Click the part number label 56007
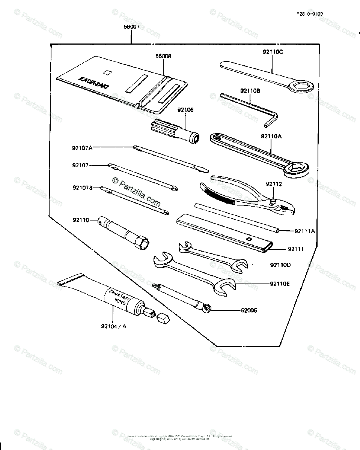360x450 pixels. pos(131,27)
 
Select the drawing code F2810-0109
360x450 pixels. pos(309,14)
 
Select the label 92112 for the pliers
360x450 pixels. pos(274,184)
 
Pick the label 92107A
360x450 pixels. pos(82,148)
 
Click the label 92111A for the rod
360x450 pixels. pos(305,231)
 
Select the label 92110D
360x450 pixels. pos(280,265)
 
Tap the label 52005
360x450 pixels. pos(249,310)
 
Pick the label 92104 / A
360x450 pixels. pos(113,326)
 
